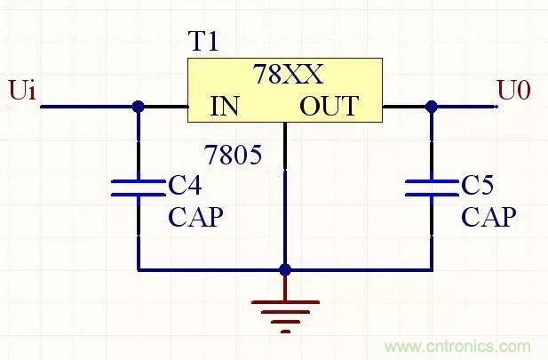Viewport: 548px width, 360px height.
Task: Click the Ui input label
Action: click(22, 91)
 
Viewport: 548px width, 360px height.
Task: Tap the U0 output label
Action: click(513, 90)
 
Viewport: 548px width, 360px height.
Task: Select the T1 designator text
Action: click(203, 42)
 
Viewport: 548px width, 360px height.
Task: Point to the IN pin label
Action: click(225, 107)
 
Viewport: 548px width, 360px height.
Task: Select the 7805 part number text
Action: click(234, 156)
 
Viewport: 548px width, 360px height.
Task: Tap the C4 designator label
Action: click(185, 186)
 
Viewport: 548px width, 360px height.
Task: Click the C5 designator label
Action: click(478, 186)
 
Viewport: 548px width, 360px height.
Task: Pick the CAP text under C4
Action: click(195, 217)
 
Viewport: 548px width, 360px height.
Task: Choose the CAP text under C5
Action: click(488, 217)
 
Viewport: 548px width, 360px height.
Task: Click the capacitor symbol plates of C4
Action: click(138, 187)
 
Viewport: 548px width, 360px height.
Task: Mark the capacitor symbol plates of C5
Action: click(432, 187)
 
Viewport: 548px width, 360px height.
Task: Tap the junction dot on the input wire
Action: click(138, 107)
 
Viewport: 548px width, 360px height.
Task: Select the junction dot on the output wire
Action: click(432, 107)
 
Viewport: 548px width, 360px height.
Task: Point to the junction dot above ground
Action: click(285, 268)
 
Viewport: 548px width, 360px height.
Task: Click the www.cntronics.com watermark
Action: click(457, 347)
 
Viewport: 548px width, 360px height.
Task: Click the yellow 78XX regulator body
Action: click(284, 89)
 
